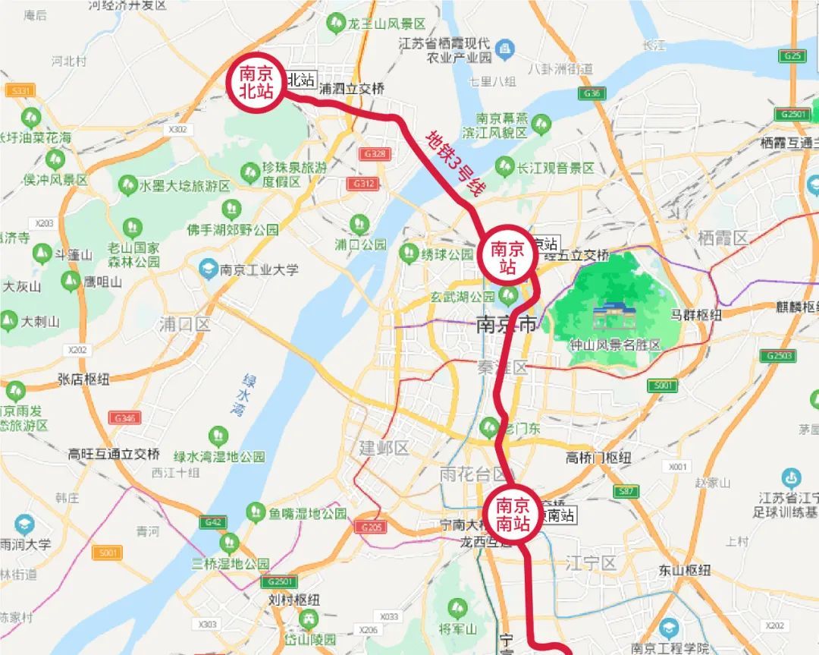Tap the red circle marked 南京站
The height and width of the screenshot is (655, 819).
click(507, 257)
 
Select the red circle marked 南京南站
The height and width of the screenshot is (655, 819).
click(514, 512)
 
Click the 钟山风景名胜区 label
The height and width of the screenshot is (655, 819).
click(615, 345)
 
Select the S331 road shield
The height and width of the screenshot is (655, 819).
click(19, 91)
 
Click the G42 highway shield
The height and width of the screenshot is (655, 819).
click(214, 522)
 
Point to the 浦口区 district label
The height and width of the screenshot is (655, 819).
click(184, 325)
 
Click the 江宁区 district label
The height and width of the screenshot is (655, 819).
click(591, 563)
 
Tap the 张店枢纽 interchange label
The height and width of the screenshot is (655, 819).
click(83, 379)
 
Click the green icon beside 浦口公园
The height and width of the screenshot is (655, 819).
click(360, 224)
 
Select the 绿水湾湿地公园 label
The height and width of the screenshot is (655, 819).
click(219, 456)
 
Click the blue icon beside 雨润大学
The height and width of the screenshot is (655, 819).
click(24, 524)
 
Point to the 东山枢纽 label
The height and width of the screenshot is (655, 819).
click(685, 569)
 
